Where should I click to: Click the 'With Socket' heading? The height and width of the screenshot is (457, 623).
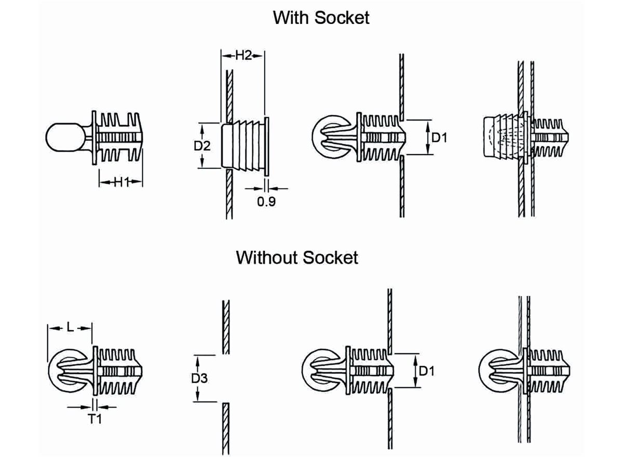pos(321,18)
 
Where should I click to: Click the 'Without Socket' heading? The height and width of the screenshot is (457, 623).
pos(297,257)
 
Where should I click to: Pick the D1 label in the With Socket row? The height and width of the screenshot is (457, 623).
pos(439,138)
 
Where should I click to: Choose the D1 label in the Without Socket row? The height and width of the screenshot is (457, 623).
pos(427,371)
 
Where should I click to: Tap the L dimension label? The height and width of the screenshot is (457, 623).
pos(70,327)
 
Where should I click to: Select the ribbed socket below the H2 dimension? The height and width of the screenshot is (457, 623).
pos(244,145)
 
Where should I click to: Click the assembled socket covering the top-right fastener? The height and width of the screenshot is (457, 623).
pos(501,138)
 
